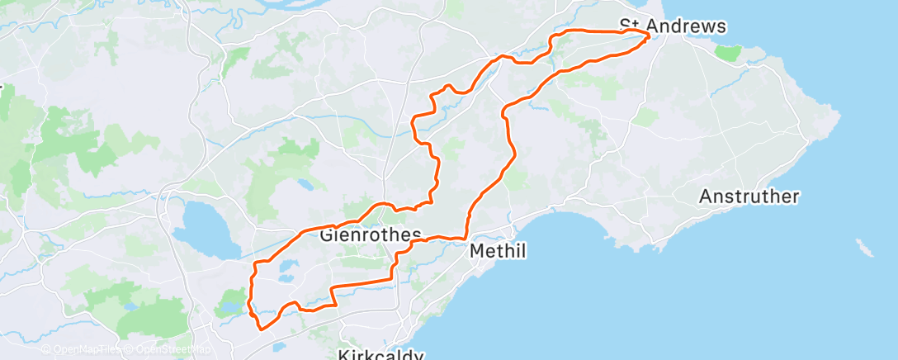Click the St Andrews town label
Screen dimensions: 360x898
[x=673, y=26]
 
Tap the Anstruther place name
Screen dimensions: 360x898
[x=749, y=197]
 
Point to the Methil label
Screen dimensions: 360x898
[x=498, y=249]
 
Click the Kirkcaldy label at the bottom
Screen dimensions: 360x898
[x=380, y=355]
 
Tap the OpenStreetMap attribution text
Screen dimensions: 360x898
[x=164, y=349]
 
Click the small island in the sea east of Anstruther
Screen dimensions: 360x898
[x=864, y=247]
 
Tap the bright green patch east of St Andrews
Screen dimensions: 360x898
[x=727, y=53]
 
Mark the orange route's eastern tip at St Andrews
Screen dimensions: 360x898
[x=649, y=35]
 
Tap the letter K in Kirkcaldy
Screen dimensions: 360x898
[x=343, y=355]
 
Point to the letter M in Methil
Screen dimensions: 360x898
[x=476, y=249]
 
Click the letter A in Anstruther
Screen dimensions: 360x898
[x=705, y=197]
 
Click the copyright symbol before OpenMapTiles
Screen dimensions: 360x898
[x=45, y=349]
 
